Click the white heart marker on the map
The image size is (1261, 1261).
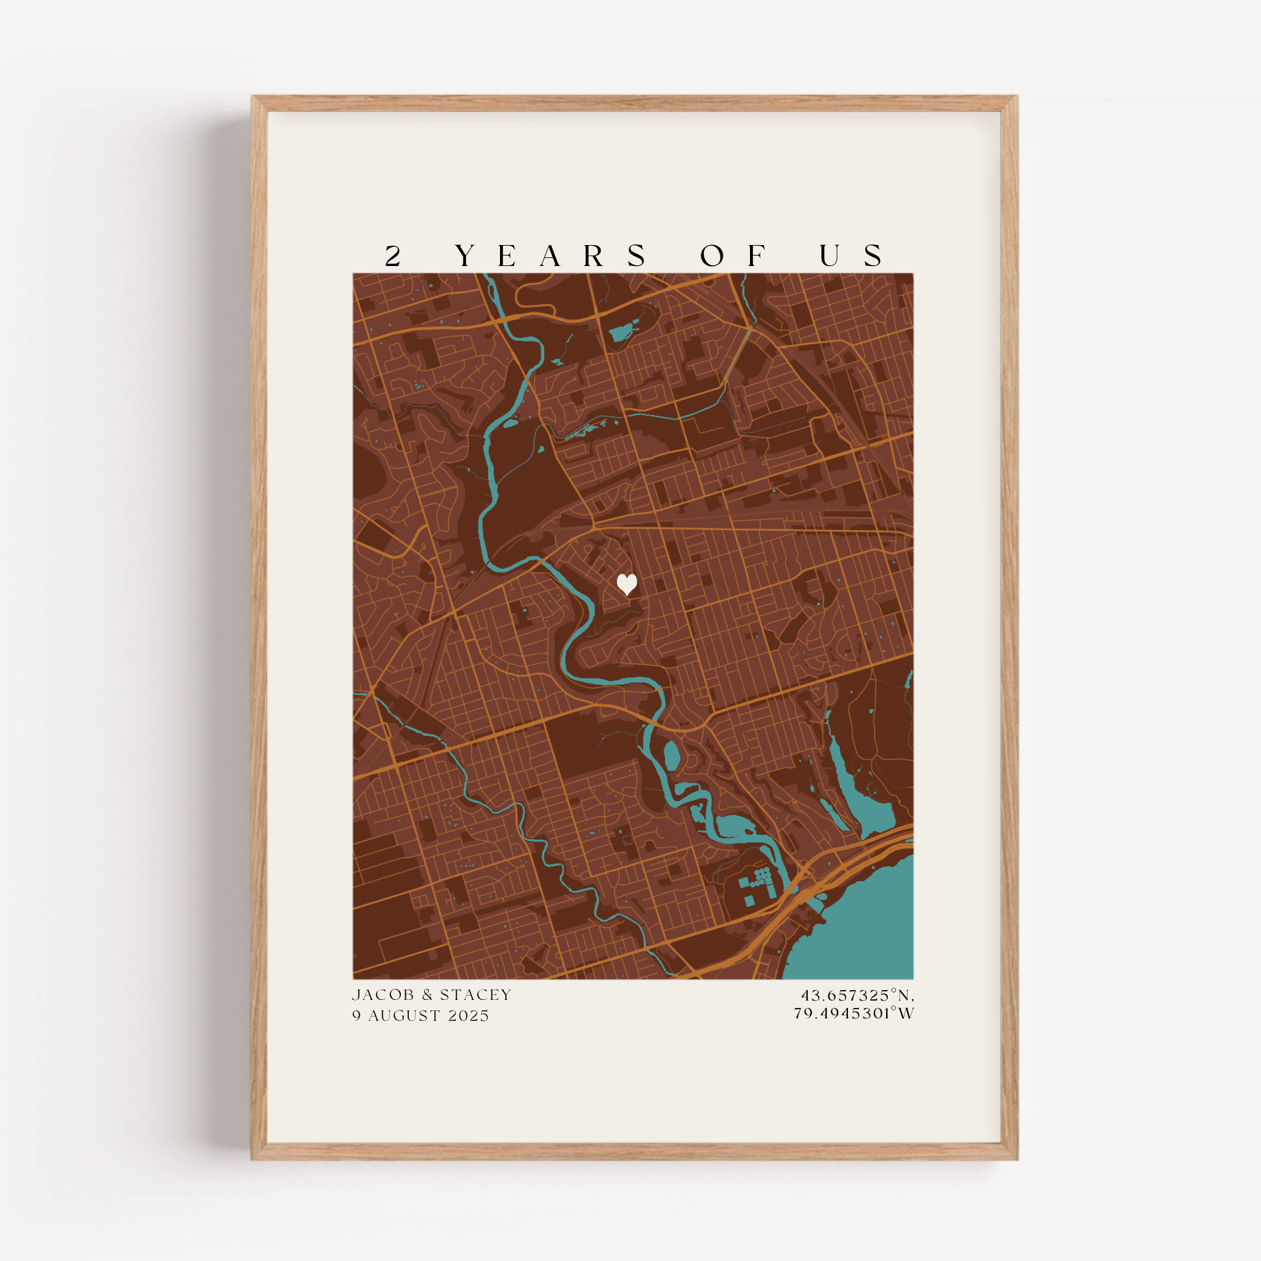tap(627, 584)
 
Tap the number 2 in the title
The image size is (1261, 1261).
tap(392, 256)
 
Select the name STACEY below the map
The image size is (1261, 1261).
tap(475, 995)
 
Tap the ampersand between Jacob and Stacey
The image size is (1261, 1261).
tap(427, 995)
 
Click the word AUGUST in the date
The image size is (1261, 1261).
tap(404, 1015)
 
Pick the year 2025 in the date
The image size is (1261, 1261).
tap(469, 1015)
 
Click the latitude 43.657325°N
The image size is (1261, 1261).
tap(857, 996)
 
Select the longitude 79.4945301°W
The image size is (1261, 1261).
tap(854, 1013)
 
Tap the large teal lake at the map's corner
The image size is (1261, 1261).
tap(861, 927)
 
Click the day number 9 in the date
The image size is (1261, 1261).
tap(357, 1015)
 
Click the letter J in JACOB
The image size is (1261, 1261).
tap(356, 995)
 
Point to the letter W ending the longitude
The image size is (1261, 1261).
tap(906, 1013)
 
